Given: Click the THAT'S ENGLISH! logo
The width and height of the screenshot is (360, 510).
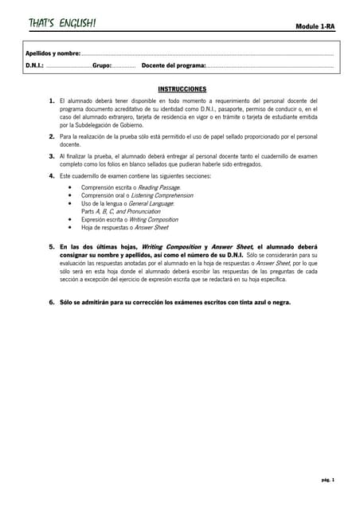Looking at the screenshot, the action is (62, 23).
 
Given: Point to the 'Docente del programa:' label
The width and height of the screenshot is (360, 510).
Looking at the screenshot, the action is (174, 65).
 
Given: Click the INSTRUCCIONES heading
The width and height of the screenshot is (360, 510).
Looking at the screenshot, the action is (182, 89).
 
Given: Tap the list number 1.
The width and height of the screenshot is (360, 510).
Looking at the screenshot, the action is (52, 101).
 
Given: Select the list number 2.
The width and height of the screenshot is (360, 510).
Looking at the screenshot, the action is (52, 137).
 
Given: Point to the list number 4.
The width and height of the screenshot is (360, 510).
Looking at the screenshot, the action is (52, 175).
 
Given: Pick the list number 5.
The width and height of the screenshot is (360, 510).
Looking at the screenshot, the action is (52, 247).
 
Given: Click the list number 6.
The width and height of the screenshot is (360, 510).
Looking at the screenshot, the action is (52, 302).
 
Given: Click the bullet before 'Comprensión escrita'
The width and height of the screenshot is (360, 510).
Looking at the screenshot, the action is (72, 187).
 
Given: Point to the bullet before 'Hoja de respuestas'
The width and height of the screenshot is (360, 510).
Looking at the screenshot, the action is (72, 227).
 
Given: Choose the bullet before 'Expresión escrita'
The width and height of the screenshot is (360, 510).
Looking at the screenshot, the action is (72, 219).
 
